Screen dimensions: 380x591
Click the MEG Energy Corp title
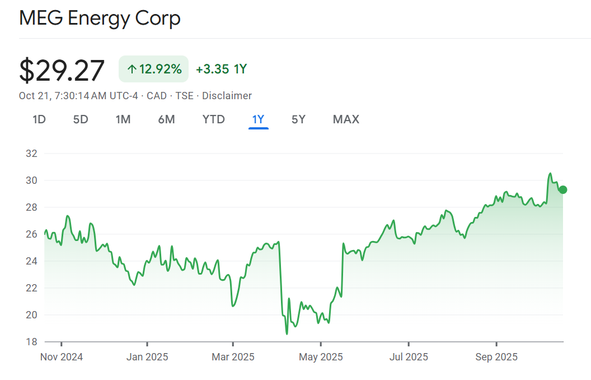(100, 18)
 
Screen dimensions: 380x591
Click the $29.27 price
(62, 71)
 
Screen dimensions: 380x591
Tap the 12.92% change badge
(154, 69)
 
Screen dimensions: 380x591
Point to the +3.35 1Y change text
(221, 69)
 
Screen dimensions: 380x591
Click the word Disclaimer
(227, 96)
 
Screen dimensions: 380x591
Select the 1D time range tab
(39, 119)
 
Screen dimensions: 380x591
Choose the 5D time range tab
(81, 119)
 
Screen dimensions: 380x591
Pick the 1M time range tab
(123, 119)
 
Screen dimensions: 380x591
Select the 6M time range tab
(166, 119)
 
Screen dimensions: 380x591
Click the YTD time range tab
(213, 119)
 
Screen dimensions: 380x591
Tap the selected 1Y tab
(258, 119)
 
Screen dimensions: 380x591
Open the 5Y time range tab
(298, 119)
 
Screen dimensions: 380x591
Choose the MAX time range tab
(346, 119)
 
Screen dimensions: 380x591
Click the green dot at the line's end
(563, 189)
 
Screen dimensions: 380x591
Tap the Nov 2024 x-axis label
(62, 357)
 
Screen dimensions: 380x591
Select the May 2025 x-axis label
(321, 357)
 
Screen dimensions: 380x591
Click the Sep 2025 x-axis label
(496, 357)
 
